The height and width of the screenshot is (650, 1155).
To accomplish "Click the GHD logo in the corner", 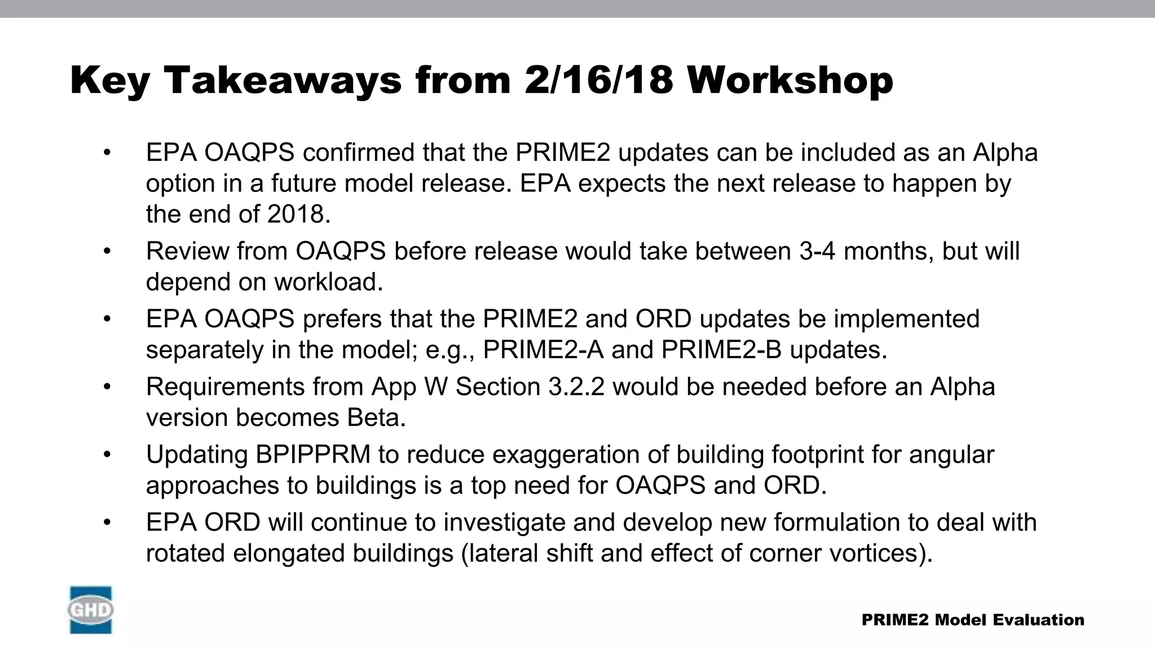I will (x=91, y=610).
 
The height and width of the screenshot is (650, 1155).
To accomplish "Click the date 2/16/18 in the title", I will (x=598, y=80).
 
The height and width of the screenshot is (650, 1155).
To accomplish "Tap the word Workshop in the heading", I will (x=790, y=80).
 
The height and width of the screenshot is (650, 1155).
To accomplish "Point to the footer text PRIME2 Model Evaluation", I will (x=973, y=620).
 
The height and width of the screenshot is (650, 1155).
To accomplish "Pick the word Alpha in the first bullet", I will (x=1005, y=153).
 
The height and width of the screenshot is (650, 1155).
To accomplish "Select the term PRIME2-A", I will (x=543, y=350).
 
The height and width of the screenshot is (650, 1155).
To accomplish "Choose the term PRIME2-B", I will (x=721, y=350).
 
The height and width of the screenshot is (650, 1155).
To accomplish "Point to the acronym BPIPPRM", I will (x=313, y=455).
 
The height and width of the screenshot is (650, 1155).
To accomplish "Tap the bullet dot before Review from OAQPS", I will (x=108, y=252).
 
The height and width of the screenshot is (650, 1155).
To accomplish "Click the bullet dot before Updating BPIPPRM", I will (x=108, y=455).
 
